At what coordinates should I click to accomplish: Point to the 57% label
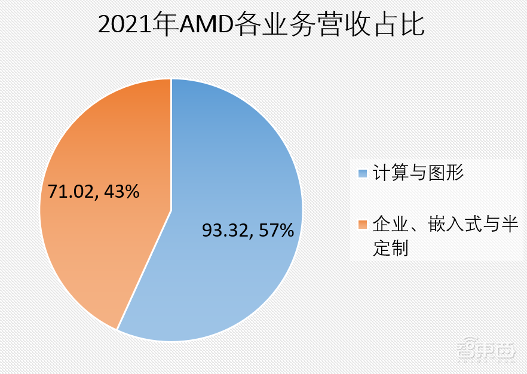(276, 230)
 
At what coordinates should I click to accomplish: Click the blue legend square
(362, 173)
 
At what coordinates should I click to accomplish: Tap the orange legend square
(362, 225)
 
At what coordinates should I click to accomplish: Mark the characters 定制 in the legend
(391, 247)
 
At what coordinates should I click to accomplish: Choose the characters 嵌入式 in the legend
(455, 225)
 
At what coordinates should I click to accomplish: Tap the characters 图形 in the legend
(446, 173)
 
